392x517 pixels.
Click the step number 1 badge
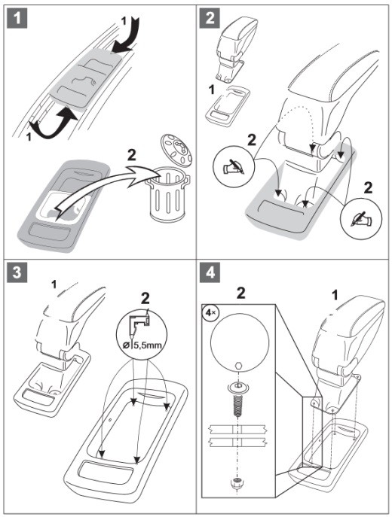click(17, 18)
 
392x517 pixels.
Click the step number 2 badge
click(210, 18)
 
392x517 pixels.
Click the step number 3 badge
click(17, 272)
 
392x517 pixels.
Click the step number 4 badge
click(210, 272)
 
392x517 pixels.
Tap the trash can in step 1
click(168, 195)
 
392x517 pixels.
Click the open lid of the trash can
click(176, 149)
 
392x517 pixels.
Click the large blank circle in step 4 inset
click(240, 342)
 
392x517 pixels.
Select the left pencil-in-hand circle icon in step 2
click(234, 166)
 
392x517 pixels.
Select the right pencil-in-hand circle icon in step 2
click(361, 218)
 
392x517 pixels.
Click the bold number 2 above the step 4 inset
click(241, 293)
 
